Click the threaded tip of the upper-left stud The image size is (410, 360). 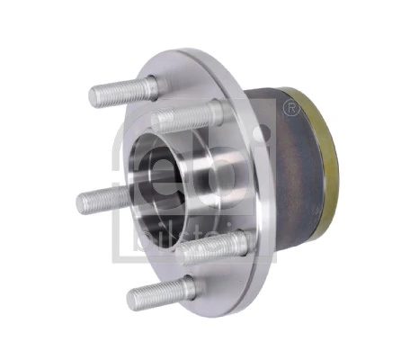[97, 94]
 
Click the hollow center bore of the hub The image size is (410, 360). [162, 175]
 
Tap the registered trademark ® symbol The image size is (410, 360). [290, 108]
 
